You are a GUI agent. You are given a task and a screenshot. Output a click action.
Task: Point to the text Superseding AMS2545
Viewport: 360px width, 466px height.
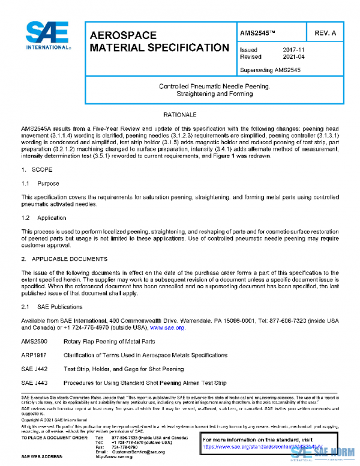coord(270,70)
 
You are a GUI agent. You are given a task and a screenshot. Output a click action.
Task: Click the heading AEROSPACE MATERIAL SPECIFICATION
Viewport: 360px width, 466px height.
coord(158,41)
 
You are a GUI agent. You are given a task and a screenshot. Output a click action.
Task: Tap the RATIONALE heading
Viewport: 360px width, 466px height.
coord(180,113)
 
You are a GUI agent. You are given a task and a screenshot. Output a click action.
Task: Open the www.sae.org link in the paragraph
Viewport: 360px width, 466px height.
coord(167,328)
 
